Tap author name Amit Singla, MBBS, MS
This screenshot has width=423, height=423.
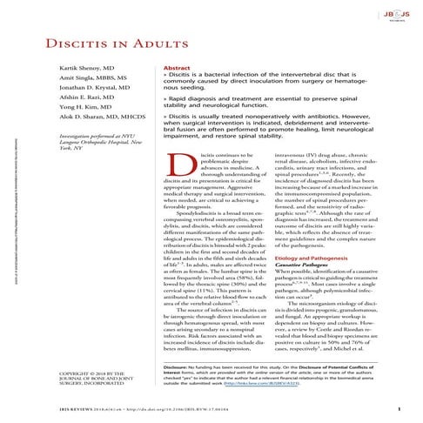click(67, 104)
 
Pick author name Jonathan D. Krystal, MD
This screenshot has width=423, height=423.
click(70, 115)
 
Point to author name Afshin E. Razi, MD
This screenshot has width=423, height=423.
click(61, 127)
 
